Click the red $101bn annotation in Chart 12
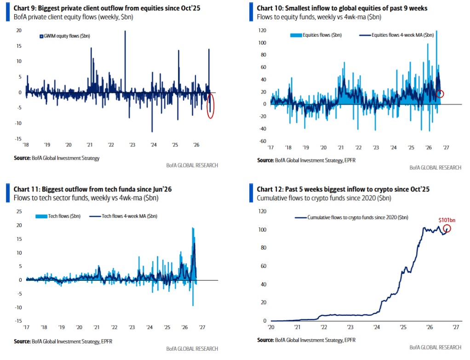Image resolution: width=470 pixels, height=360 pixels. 447,220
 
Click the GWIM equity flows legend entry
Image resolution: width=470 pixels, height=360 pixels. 65,36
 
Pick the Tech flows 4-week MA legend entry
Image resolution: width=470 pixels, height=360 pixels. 123,216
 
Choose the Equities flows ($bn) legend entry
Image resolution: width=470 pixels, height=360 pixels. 316,35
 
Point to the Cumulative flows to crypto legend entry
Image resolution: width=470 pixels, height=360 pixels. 351,217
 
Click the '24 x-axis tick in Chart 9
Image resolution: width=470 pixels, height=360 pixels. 154,145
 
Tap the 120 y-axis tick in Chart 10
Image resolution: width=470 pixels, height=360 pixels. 262,30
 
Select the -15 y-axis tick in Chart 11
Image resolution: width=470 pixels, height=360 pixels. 18,321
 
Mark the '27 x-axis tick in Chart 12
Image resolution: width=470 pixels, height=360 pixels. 456,327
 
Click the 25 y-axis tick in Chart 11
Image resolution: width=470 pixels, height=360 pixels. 19,211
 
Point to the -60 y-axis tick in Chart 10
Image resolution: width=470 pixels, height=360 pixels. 263,141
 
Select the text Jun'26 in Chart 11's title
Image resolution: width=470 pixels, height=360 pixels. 162,189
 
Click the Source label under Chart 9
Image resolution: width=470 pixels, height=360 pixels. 22,158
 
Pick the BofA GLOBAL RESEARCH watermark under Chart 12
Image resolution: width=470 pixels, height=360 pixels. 435,347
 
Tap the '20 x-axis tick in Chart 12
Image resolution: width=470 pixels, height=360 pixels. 271,327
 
